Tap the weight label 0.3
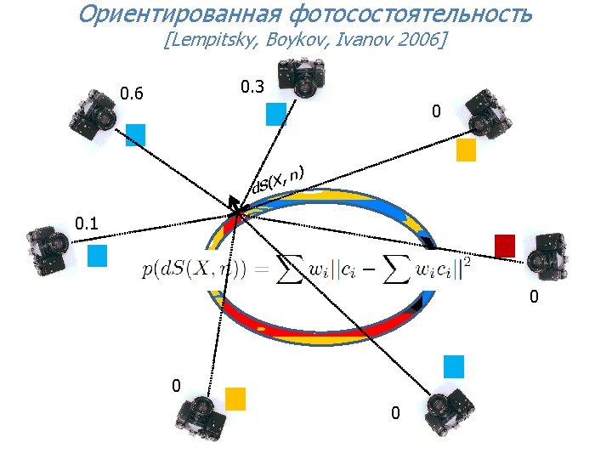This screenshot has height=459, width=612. (x=252, y=87)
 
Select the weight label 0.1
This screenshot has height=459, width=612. (x=87, y=225)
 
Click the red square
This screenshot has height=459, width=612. (x=505, y=246)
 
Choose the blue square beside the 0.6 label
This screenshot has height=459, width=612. (x=136, y=135)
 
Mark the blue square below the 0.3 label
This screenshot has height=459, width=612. (x=275, y=115)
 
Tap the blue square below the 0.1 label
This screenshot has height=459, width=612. (x=97, y=256)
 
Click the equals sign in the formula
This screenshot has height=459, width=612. (x=262, y=270)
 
